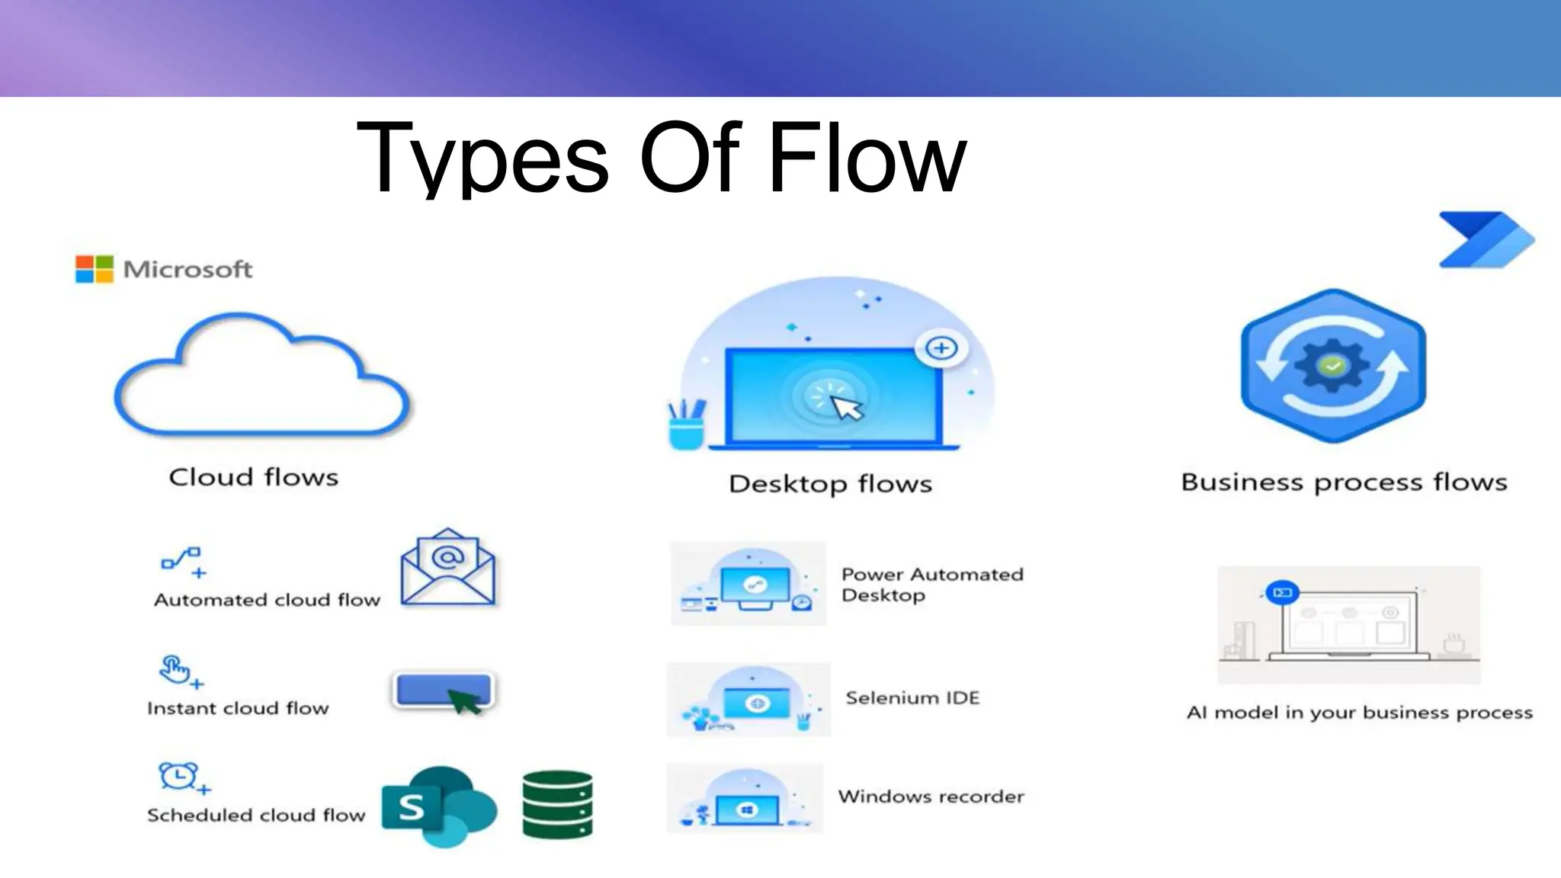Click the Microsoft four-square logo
[94, 269]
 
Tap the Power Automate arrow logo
[1486, 240]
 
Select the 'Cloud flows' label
[253, 478]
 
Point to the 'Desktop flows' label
[830, 484]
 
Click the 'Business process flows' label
[1344, 482]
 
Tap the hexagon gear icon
[1333, 366]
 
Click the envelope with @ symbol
[448, 568]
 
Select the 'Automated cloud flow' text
[267, 601]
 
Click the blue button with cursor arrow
[443, 691]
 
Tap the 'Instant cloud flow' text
[238, 709]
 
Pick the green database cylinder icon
[557, 805]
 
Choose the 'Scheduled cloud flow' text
[256, 816]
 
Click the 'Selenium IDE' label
[912, 698]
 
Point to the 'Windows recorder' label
[931, 796]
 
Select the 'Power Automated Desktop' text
[931, 585]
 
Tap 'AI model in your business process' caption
[1359, 713]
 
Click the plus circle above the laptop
[941, 348]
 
